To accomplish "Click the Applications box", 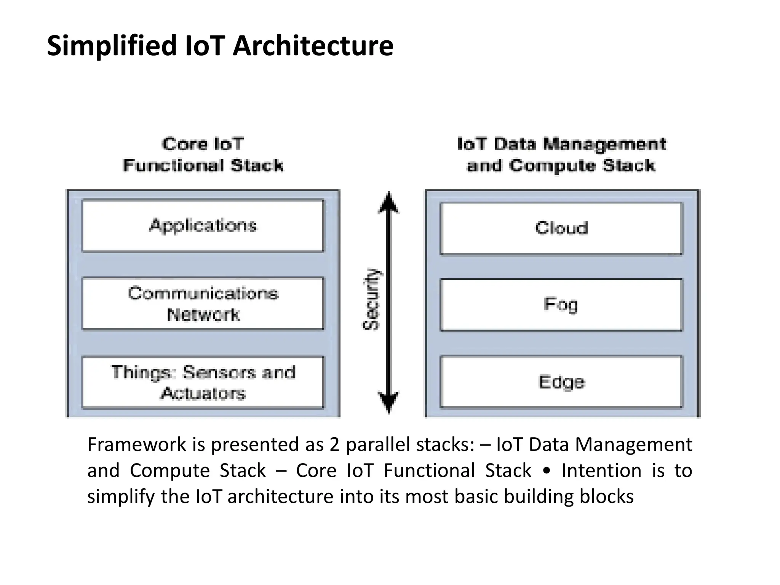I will pyautogui.click(x=203, y=225).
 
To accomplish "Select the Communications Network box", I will pyautogui.click(x=203, y=304).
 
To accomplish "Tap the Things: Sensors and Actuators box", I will pyautogui.click(x=203, y=382).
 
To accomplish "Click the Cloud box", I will pyautogui.click(x=561, y=228).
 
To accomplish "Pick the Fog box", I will pyautogui.click(x=561, y=305).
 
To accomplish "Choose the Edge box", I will pyautogui.click(x=561, y=382).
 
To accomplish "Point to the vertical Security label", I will pyautogui.click(x=371, y=299).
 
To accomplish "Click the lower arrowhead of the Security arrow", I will pyautogui.click(x=388, y=402).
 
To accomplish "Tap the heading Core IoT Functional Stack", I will pyautogui.click(x=203, y=155).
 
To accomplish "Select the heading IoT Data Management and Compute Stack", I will pyautogui.click(x=561, y=155).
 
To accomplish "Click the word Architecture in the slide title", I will pyautogui.click(x=313, y=46).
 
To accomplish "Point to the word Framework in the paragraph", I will pyautogui.click(x=137, y=444).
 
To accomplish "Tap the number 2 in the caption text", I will pyautogui.click(x=334, y=444).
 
